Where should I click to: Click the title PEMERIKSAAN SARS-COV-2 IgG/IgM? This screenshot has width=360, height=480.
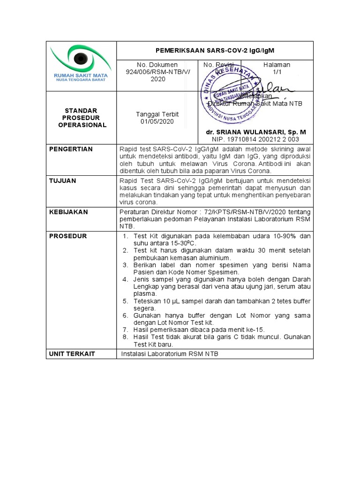(x=215, y=50)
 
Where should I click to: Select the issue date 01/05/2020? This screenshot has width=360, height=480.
(x=157, y=121)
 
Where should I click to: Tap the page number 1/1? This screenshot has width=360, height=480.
(x=276, y=72)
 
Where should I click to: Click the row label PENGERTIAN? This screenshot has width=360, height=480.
(x=71, y=149)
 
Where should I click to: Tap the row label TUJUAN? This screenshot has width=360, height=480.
(x=63, y=180)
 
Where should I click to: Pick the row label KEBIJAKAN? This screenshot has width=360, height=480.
(x=68, y=212)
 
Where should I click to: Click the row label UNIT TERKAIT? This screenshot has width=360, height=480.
(x=72, y=353)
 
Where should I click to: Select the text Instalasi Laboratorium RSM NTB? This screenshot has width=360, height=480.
(x=170, y=353)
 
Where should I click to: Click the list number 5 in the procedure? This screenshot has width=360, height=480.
(x=125, y=301)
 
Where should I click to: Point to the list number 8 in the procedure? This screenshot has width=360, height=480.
(x=125, y=337)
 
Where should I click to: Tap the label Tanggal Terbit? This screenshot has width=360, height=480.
(x=157, y=114)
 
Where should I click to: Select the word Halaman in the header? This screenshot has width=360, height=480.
(x=276, y=65)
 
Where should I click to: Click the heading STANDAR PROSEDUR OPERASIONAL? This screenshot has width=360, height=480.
(x=82, y=118)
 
